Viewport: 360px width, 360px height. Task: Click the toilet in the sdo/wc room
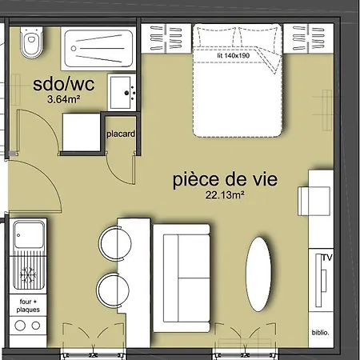[31, 42]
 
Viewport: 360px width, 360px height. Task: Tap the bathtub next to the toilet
[98, 48]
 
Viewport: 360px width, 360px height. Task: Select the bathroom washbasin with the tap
[122, 92]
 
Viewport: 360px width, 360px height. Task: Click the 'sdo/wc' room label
[63, 84]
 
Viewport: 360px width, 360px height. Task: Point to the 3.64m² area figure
[64, 99]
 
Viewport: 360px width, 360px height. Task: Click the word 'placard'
[121, 134]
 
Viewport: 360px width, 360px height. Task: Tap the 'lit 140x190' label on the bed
[234, 55]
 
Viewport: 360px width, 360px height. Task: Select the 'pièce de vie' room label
[225, 180]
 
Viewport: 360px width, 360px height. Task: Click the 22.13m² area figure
[225, 195]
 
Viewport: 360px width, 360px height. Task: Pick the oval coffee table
[258, 274]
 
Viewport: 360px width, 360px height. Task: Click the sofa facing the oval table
[182, 278]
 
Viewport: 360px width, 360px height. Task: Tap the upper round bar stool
[115, 243]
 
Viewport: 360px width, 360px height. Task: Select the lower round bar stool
[113, 290]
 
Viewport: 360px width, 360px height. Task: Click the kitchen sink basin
[29, 234]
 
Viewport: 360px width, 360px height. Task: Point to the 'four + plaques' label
[28, 306]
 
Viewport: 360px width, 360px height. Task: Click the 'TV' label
[327, 258]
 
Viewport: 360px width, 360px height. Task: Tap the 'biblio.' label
[320, 333]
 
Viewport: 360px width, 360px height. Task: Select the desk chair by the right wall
[314, 201]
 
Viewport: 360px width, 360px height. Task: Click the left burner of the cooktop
[20, 326]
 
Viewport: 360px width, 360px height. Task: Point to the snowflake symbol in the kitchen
[28, 274]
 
